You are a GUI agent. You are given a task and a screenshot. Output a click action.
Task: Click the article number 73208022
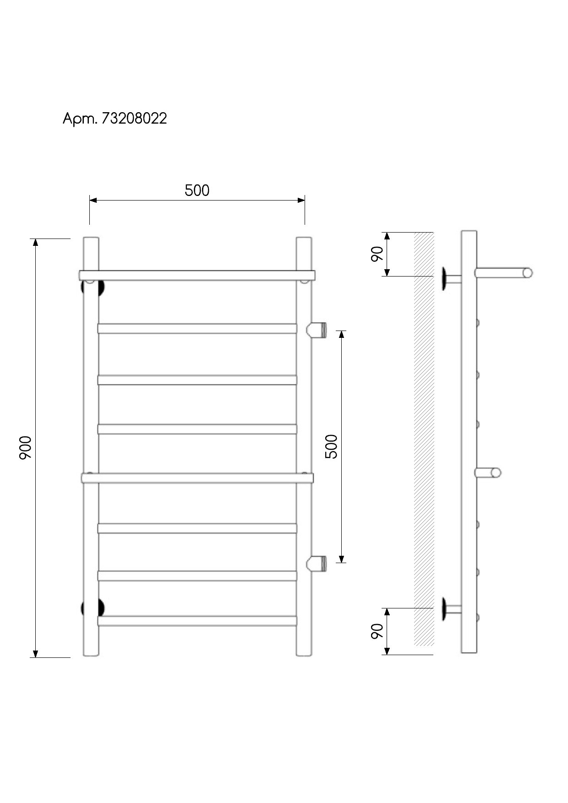[134, 119]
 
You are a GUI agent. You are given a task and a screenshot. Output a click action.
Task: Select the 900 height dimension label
[25, 448]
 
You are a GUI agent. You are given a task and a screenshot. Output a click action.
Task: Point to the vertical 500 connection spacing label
[331, 446]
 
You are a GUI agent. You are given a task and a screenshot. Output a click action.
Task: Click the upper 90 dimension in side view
[377, 254]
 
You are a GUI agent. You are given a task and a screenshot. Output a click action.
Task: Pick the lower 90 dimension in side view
[377, 631]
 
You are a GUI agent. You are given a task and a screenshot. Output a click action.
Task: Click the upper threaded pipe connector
[317, 330]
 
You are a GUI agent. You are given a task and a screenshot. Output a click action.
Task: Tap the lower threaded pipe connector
[317, 564]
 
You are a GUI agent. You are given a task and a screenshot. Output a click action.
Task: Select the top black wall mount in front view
[93, 288]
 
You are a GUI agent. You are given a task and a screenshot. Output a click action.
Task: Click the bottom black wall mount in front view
[93, 608]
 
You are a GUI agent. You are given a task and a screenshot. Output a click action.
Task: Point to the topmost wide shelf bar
[197, 275]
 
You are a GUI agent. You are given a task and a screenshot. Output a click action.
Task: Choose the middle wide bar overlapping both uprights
[197, 478]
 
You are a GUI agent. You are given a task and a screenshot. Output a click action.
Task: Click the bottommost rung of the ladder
[197, 621]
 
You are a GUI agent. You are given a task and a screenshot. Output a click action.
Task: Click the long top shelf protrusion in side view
[503, 273]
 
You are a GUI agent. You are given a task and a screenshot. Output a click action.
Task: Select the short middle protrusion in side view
[488, 472]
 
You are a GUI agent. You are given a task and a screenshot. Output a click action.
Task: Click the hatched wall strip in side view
[424, 439]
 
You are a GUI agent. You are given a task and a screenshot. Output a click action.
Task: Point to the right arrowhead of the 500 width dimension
[301, 200]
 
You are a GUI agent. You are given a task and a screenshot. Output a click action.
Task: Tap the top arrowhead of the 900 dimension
[36, 243]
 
